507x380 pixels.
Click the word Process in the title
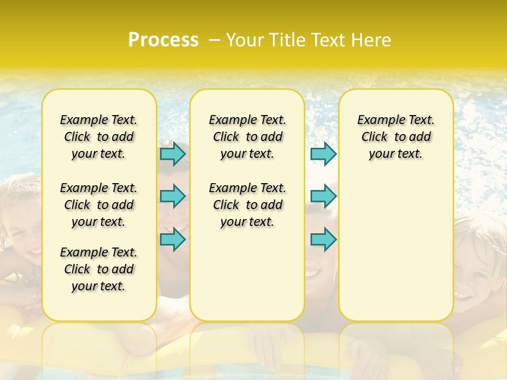click(163, 40)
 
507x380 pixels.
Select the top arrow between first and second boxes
click(173, 154)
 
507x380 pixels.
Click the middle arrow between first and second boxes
click(173, 196)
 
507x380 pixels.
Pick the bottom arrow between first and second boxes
click(173, 239)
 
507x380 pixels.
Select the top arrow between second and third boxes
click(323, 154)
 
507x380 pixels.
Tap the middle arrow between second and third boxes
click(323, 196)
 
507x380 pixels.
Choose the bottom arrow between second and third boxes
click(323, 239)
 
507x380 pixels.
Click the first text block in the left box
click(99, 137)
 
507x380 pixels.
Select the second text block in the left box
click(99, 205)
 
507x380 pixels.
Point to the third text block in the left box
click(99, 269)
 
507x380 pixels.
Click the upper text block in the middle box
click(247, 137)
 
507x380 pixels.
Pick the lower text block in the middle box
click(247, 205)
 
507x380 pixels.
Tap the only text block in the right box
click(396, 137)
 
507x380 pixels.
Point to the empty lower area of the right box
click(396, 243)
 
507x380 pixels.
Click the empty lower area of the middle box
click(247, 274)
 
